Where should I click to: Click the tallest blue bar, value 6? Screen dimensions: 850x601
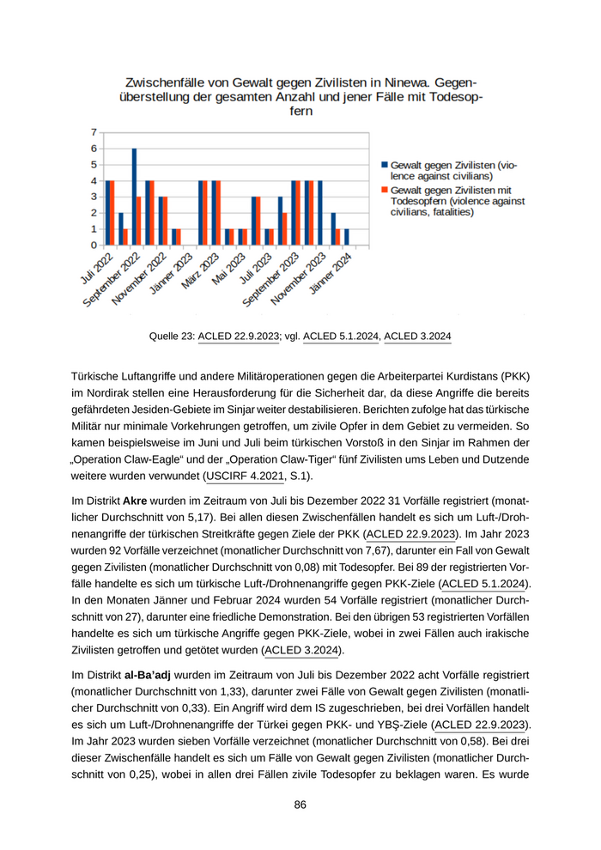[134, 197]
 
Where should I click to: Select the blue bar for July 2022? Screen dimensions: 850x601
[107, 213]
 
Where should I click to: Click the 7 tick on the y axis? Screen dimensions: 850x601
[93, 132]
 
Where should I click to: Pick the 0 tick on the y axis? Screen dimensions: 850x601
[93, 245]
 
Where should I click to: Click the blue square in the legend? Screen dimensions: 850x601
[384, 165]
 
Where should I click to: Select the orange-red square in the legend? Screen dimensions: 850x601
[384, 190]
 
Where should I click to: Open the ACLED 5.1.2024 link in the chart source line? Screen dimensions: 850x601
[341, 337]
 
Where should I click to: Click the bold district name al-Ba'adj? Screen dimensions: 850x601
[147, 675]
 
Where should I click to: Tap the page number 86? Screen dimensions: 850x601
[300, 804]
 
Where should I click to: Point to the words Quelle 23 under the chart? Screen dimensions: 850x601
[170, 337]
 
